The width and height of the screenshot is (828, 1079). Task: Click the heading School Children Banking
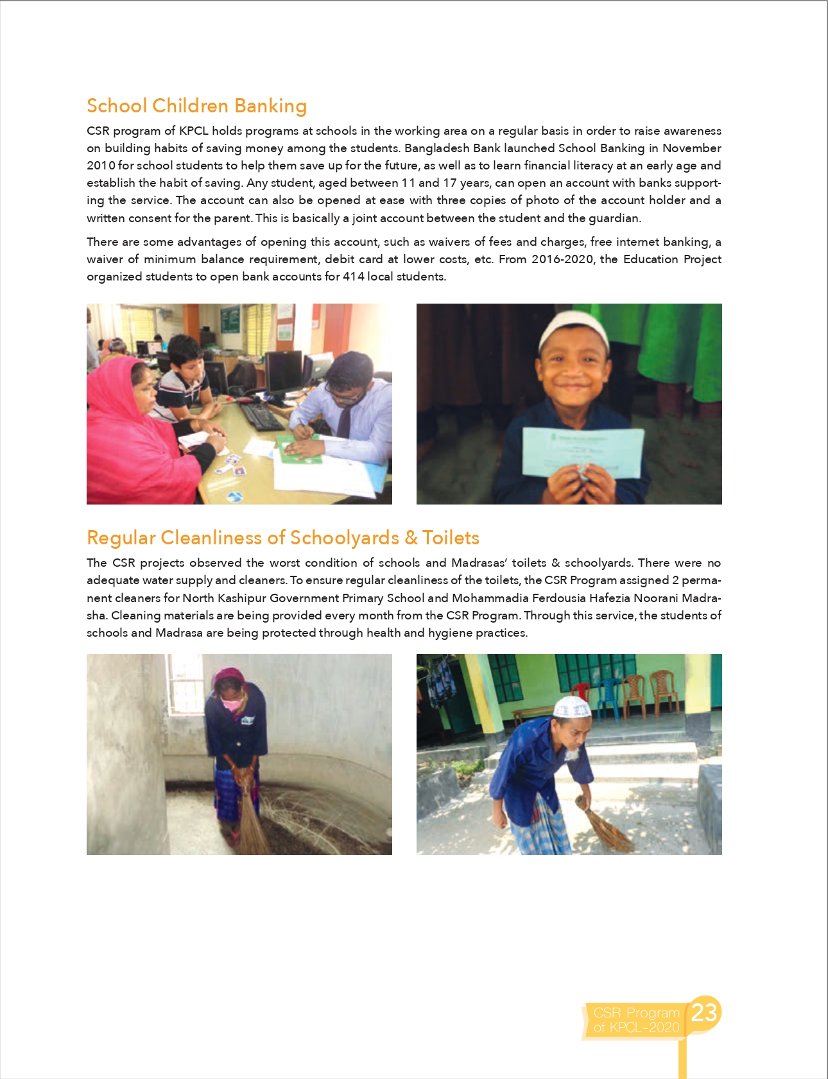tap(196, 106)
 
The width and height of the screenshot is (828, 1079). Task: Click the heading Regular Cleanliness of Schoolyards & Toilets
tap(283, 538)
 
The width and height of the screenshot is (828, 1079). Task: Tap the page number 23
tap(704, 1012)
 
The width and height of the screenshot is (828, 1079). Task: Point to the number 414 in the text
tap(353, 277)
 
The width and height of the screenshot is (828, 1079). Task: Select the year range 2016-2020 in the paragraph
tap(563, 259)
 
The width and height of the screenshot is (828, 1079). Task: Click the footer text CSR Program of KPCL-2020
tap(635, 1020)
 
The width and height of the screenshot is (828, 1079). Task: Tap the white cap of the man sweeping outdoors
tap(572, 707)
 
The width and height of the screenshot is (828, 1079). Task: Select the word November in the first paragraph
tap(691, 148)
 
